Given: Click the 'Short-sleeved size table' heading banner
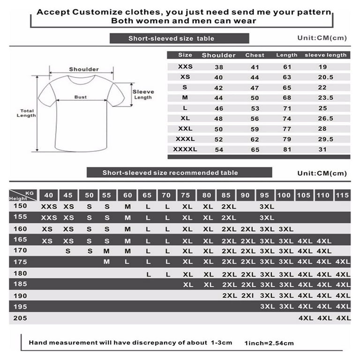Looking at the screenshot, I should coord(179,38).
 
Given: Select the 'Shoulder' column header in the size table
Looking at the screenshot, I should coord(218,55).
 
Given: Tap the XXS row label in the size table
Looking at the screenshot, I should coord(185,67).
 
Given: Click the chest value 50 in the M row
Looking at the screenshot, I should coord(255,97).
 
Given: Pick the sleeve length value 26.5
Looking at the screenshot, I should coord(325,118).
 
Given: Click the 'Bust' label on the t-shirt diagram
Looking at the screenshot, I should coord(81,97).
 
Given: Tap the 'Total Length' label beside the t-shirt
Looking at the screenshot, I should coord(26,113).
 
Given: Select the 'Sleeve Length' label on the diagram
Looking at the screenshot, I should coord(143,94).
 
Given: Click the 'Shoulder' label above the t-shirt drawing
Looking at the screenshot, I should coord(84,69).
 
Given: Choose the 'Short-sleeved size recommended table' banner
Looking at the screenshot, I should coord(170,172).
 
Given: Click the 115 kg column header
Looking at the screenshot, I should coord(343,195).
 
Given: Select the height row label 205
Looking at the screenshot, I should coord(21,318).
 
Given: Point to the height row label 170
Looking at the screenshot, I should coord(21,250).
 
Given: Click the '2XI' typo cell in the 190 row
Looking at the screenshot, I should coord(248,296).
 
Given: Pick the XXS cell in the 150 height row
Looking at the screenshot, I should coord(49,206).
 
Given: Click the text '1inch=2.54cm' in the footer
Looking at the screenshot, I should coord(269,343).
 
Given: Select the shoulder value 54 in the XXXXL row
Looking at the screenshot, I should coord(218,149).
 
